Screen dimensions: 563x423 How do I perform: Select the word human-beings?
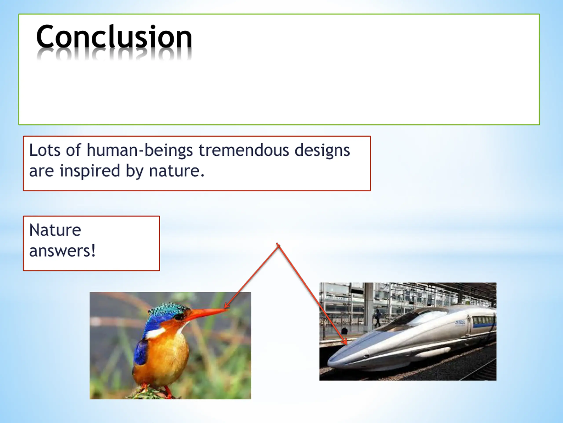140,150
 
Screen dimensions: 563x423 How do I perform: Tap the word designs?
322,150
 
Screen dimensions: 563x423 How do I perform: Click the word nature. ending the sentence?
177,171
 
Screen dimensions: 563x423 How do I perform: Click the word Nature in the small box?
55,230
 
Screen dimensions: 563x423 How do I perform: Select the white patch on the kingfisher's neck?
155,333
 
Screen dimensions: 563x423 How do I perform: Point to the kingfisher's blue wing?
140,352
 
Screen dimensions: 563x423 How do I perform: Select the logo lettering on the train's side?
460,323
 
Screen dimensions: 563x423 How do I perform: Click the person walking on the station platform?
378,318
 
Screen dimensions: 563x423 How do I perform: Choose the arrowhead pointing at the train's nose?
345,342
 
